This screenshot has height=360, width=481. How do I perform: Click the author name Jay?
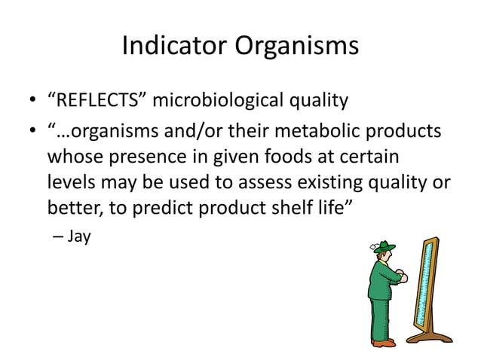[x=79, y=237]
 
